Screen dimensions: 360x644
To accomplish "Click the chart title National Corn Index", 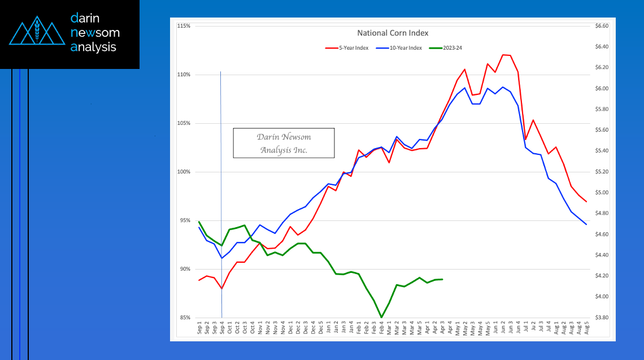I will (393, 33).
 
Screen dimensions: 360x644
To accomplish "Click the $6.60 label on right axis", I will (602, 26).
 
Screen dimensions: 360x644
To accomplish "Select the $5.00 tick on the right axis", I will (602, 193).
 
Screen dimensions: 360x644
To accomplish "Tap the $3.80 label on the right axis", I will (602, 318).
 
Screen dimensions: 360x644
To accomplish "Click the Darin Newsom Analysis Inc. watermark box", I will (284, 143).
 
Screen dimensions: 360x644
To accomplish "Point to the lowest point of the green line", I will (381, 317).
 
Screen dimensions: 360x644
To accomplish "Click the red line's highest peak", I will (503, 55).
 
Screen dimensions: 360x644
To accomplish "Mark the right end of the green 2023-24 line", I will (442, 279).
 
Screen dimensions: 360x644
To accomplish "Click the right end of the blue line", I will (586, 224).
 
